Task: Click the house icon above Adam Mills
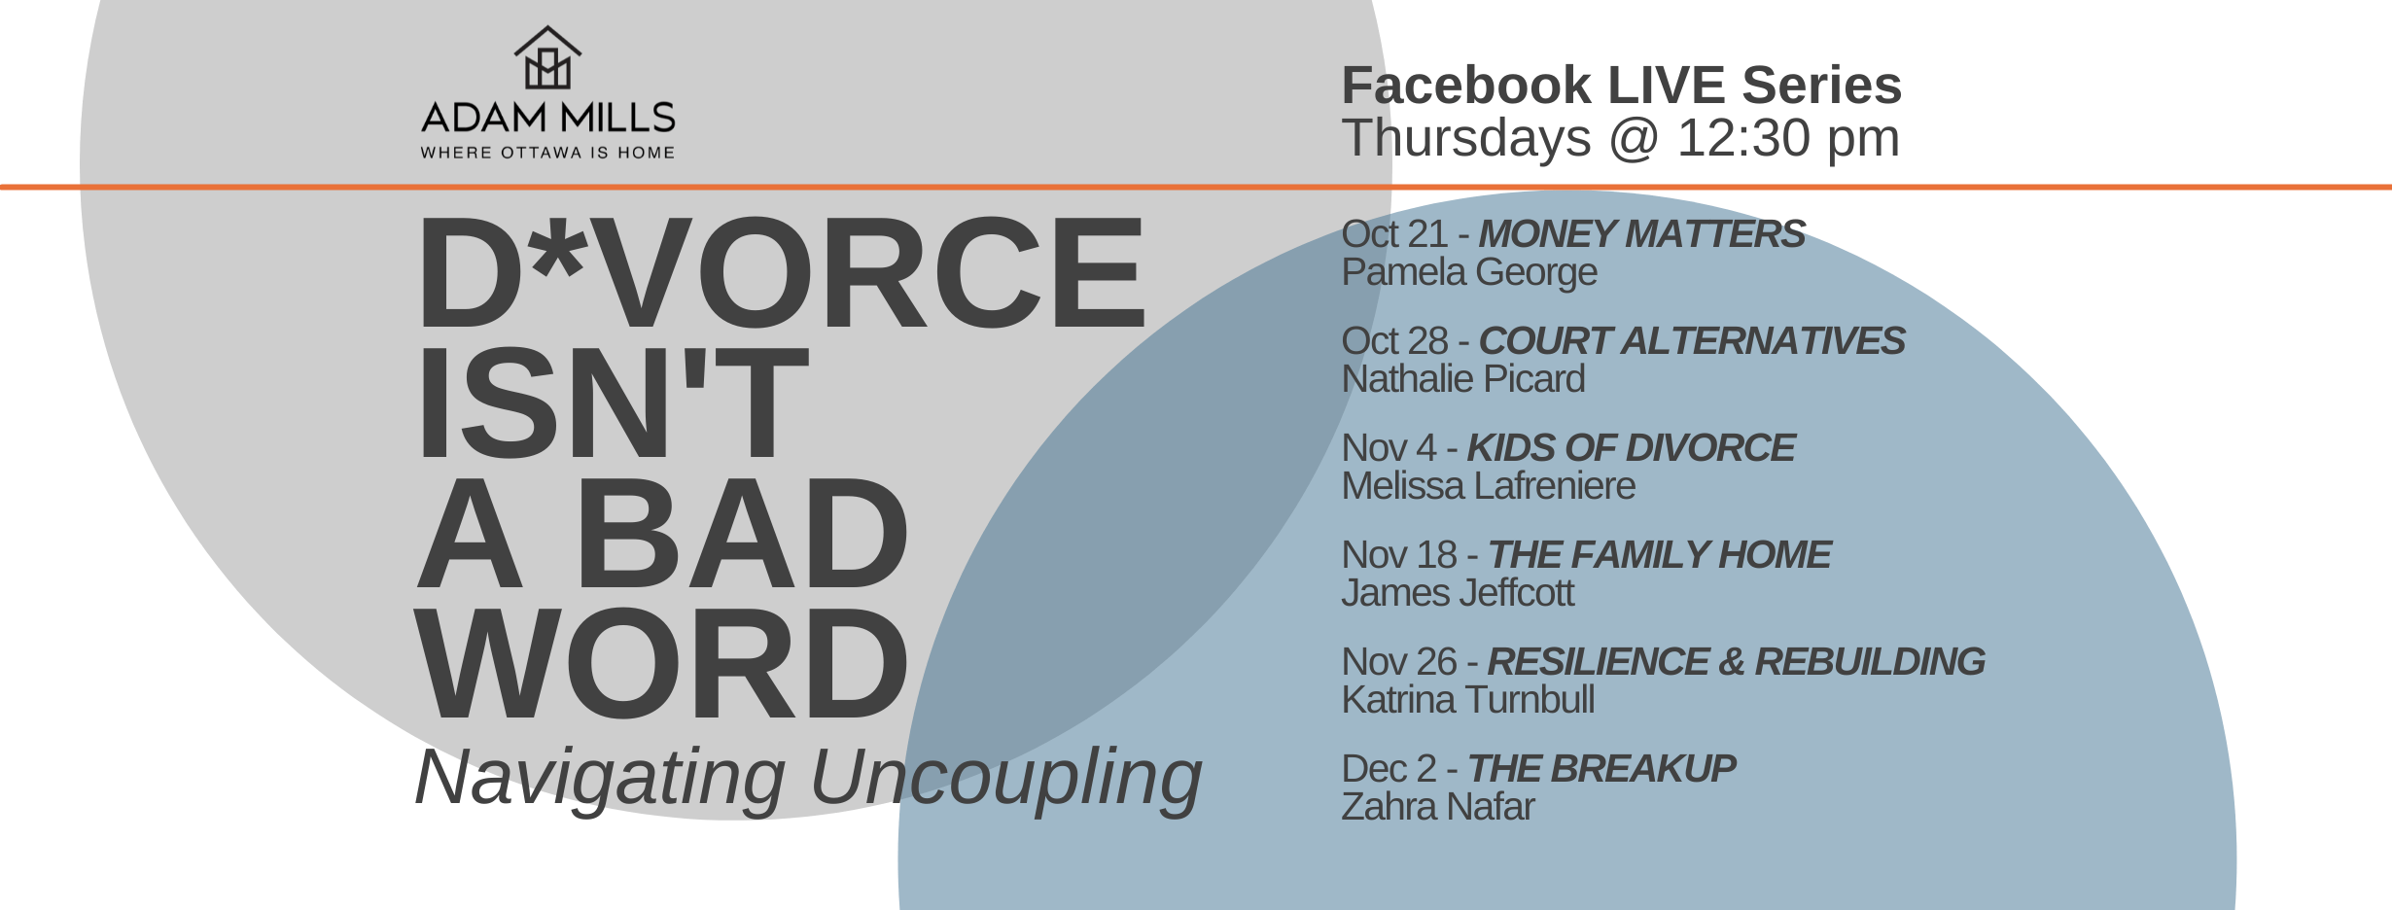coord(548,57)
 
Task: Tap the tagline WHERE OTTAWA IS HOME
coord(547,153)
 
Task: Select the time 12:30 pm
coord(1788,138)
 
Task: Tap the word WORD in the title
coord(662,665)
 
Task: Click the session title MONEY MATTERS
coord(1642,234)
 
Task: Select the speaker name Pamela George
coord(1469,273)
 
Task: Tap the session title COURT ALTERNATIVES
coord(1692,341)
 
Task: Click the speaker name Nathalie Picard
coord(1463,379)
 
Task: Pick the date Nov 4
coord(1389,448)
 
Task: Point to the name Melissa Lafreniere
coord(1489,486)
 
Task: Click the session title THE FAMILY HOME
coord(1660,555)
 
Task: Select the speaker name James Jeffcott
coord(1458,593)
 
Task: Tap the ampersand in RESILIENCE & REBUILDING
coord(1732,662)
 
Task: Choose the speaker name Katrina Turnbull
coord(1468,700)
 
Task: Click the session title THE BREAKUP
coord(1601,769)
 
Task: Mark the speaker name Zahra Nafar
coord(1438,807)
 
